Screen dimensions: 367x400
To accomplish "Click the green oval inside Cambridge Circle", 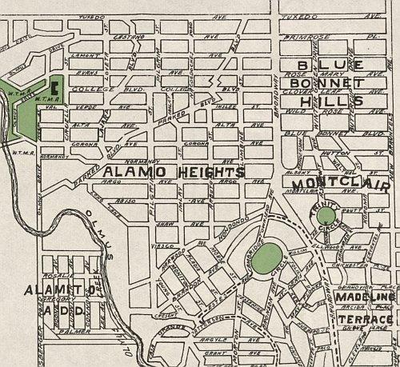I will coord(270,257).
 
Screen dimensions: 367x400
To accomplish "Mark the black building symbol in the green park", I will coord(55,85).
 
